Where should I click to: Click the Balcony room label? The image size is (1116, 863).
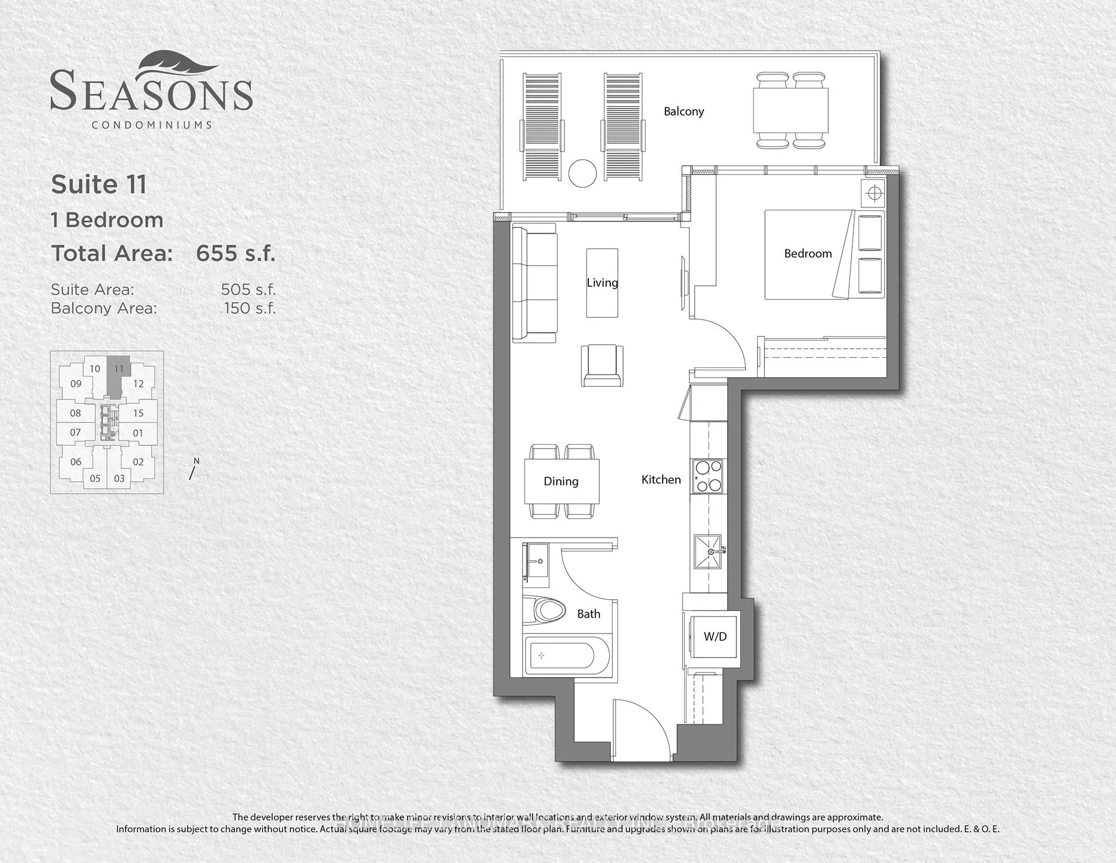(684, 111)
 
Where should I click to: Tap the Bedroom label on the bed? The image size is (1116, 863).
(807, 253)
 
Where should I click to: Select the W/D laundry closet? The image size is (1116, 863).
(715, 636)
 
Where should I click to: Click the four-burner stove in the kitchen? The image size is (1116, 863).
(707, 476)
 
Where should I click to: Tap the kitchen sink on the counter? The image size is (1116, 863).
(708, 551)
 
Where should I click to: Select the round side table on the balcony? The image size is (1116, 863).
(582, 173)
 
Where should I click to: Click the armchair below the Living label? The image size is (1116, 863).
(602, 364)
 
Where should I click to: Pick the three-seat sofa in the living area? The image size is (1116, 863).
(534, 283)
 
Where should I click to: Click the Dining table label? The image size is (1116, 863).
(561, 481)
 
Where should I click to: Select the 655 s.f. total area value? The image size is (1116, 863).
(235, 253)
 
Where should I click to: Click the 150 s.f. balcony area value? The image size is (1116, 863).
(249, 308)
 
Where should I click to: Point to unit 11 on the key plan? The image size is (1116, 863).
(119, 369)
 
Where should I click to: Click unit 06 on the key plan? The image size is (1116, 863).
(76, 462)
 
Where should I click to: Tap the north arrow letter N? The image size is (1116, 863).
(196, 461)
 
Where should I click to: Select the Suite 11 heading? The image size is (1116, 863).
(99, 184)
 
